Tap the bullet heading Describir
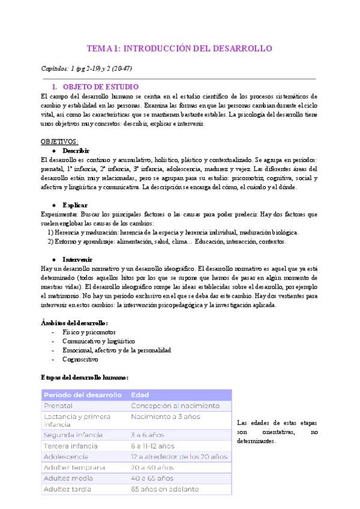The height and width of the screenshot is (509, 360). pyautogui.click(x=76, y=150)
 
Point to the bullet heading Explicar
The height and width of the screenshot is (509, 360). pyautogui.click(x=74, y=205)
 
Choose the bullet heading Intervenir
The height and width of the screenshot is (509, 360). pyautogui.click(x=77, y=259)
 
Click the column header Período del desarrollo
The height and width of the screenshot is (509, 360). pyautogui.click(x=82, y=395)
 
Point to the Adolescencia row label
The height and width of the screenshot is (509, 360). pyautogui.click(x=66, y=456)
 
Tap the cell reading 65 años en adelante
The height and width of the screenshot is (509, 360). pyautogui.click(x=164, y=489)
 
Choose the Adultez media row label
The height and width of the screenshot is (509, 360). pyautogui.click(x=68, y=478)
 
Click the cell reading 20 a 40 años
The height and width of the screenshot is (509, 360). pyautogui.click(x=153, y=467)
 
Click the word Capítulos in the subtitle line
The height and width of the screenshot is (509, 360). pyautogui.click(x=53, y=68)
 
